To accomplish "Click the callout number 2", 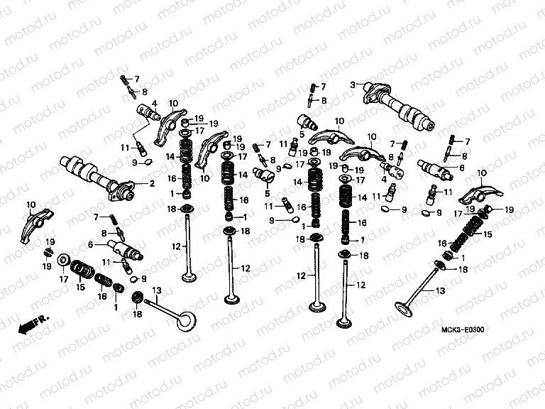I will [x=151, y=183].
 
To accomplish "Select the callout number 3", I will [x=351, y=84].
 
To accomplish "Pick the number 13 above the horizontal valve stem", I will [x=157, y=290].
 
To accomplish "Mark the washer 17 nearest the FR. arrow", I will [x=62, y=261].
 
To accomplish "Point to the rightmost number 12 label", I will [x=360, y=285].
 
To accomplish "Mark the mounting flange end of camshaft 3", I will [x=373, y=91].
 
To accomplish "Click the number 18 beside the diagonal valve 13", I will [x=463, y=270].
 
